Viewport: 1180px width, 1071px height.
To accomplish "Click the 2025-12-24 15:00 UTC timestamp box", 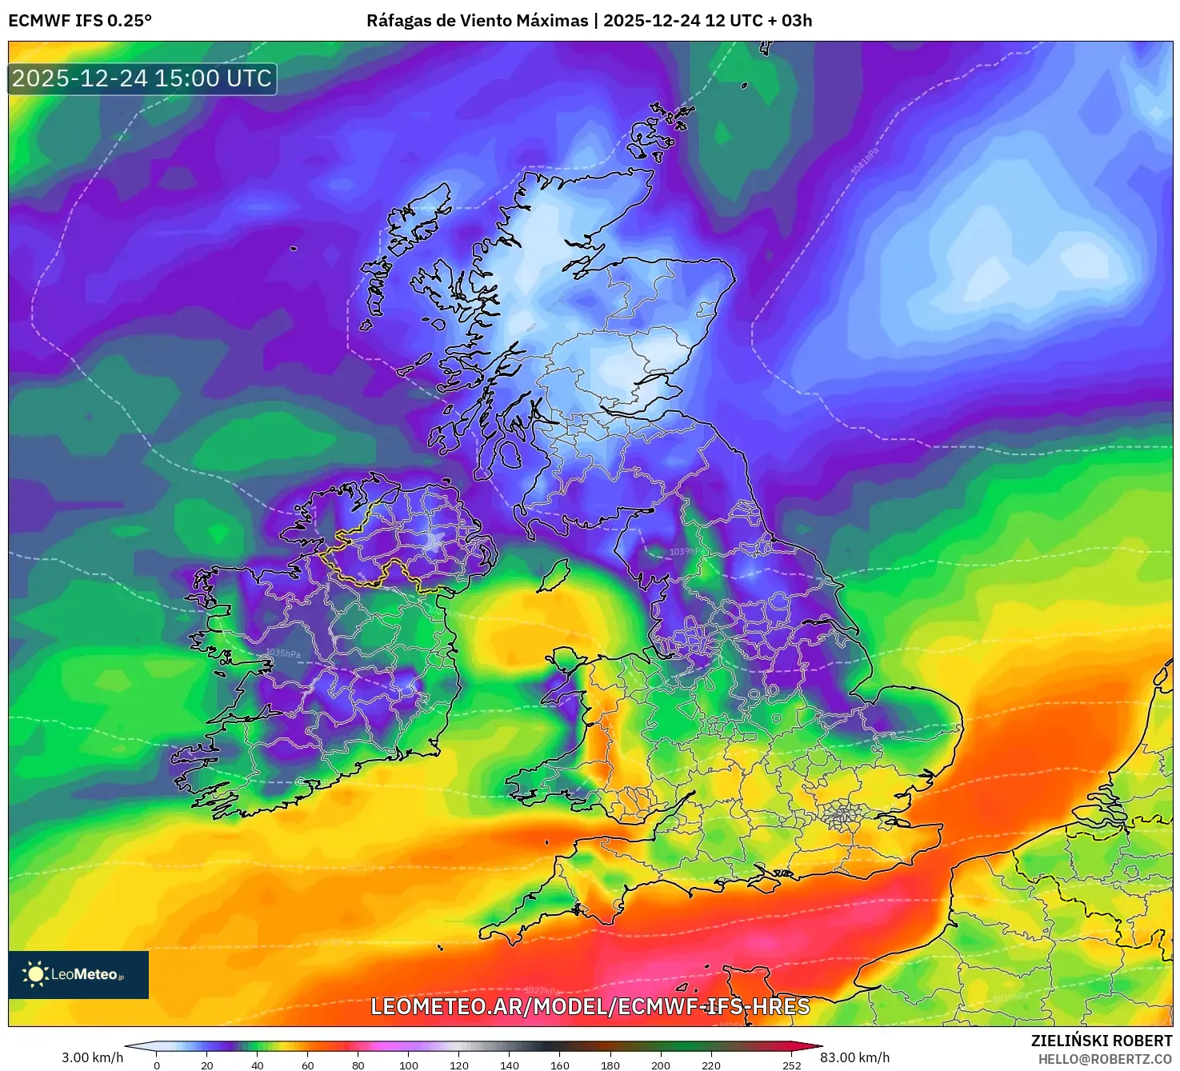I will pos(142,78).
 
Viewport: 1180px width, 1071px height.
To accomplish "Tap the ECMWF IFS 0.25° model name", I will pos(80,21).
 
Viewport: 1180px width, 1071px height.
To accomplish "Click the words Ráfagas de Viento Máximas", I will pos(477,21).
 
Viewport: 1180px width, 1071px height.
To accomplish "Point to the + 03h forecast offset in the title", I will pos(790,21).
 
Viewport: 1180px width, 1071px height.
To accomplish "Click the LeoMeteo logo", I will pos(78,974).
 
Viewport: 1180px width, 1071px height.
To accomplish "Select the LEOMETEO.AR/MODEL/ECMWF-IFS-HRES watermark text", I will pos(590,1006).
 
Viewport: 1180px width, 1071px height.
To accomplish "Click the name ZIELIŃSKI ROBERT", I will pos(1101,1041).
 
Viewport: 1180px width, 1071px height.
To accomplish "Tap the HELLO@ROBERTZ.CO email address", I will pos(1104,1059).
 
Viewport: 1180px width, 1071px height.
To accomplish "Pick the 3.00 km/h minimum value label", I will pos(92,1057).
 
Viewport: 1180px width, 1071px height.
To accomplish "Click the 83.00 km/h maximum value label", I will pos(854,1057).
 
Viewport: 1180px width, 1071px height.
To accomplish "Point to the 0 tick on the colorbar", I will pos(157,1065).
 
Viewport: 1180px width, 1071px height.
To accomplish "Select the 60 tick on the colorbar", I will pos(308,1065).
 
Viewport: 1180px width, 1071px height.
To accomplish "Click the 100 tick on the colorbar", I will pos(409,1065).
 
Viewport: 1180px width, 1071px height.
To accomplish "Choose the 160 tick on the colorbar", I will pos(560,1065).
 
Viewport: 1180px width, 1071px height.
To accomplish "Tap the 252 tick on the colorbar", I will pos(792,1065).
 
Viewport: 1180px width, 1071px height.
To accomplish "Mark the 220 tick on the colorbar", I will pos(711,1065).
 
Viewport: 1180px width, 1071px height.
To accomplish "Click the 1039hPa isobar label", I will pos(686,552).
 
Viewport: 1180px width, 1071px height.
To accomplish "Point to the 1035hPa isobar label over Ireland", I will pos(283,653).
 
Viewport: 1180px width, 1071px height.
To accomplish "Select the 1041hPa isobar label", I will pos(865,161).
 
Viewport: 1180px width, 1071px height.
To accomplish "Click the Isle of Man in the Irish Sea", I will pos(554,576).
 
